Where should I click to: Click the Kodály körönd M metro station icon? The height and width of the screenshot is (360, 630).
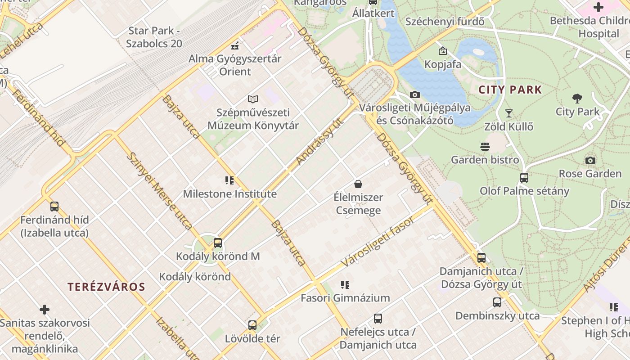[x=218, y=243]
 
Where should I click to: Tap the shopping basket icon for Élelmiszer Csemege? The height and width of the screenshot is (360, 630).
[x=358, y=184]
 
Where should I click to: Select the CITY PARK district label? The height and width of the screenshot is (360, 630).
[x=510, y=90]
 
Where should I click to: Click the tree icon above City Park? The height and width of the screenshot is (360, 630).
[x=577, y=99]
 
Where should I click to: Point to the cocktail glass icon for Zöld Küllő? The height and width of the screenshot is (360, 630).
[x=509, y=113]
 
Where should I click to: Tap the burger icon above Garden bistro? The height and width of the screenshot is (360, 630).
[x=485, y=147]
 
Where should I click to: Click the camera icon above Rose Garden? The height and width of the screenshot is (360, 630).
[x=590, y=161]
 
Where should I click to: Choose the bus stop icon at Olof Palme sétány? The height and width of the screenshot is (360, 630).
[x=524, y=178]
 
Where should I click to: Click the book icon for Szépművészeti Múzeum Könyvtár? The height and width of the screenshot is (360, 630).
[x=253, y=99]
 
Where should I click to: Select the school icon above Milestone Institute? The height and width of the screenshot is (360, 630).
[x=229, y=181]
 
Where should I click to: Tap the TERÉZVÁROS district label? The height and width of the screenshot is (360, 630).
[x=106, y=287]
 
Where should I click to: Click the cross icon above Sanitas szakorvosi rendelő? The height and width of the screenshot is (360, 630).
[x=45, y=310]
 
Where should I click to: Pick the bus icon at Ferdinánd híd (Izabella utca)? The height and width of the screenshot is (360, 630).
[x=54, y=207]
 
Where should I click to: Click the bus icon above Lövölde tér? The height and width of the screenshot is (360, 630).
[x=252, y=325]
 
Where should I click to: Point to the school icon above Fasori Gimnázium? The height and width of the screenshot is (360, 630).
[x=345, y=285]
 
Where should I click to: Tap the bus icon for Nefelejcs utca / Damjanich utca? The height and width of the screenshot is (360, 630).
[x=378, y=319]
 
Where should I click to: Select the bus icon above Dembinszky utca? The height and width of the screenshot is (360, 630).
[x=497, y=303]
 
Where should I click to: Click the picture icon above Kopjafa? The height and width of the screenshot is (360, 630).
[x=443, y=51]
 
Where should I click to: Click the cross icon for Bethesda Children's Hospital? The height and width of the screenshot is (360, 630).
[x=598, y=7]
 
